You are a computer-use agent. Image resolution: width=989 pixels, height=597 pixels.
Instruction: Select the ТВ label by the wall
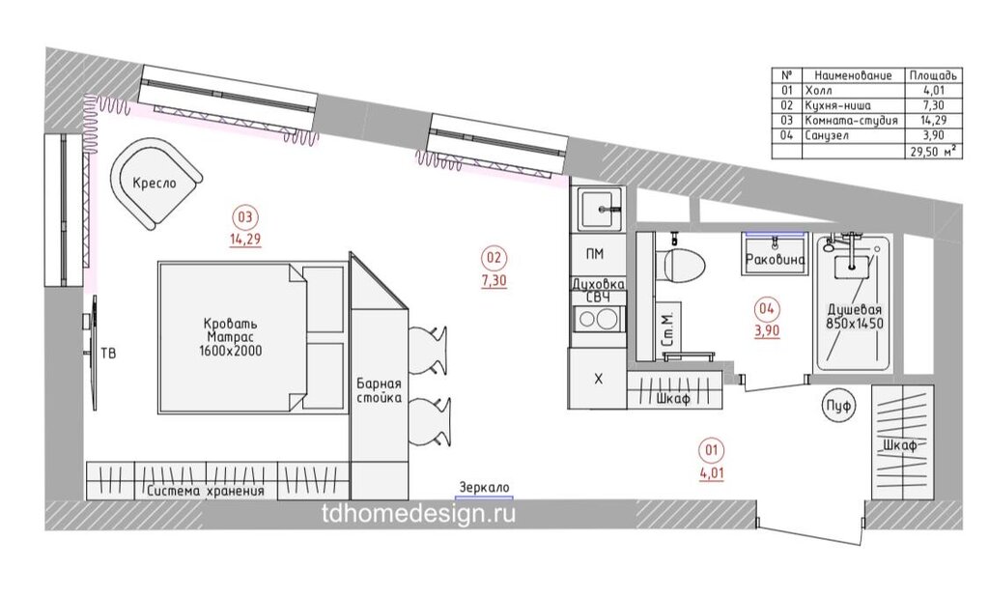pos(108,353)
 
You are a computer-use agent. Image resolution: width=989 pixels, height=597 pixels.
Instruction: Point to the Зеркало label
pos(484,487)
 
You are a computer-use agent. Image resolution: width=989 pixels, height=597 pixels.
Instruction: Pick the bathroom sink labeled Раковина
pos(775,253)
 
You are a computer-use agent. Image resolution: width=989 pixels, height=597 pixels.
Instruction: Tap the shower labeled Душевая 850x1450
pos(854,302)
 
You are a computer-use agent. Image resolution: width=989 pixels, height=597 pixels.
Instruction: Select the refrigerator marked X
pos(598,379)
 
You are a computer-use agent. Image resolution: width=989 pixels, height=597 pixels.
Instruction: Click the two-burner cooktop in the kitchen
pos(598,320)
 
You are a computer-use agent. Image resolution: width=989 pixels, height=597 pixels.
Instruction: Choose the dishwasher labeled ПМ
pos(595,254)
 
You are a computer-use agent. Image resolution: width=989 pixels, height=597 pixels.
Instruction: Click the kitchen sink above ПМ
pos(599,209)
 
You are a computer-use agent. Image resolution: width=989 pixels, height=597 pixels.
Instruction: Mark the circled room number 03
pos(244,218)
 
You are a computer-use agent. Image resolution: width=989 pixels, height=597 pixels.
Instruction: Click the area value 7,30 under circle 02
pos(494,279)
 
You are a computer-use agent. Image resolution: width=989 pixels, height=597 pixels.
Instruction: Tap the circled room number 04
pos(766,308)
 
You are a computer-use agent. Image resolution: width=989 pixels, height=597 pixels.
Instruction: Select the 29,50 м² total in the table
pos(933,152)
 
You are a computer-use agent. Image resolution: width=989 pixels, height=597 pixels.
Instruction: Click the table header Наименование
pos(853,75)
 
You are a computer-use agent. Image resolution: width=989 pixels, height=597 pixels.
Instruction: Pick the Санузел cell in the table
pos(827,135)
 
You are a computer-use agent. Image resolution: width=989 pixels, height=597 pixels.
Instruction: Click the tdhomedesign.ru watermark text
pos(418,514)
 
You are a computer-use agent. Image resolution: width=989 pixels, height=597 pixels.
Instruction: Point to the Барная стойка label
pos(379,390)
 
